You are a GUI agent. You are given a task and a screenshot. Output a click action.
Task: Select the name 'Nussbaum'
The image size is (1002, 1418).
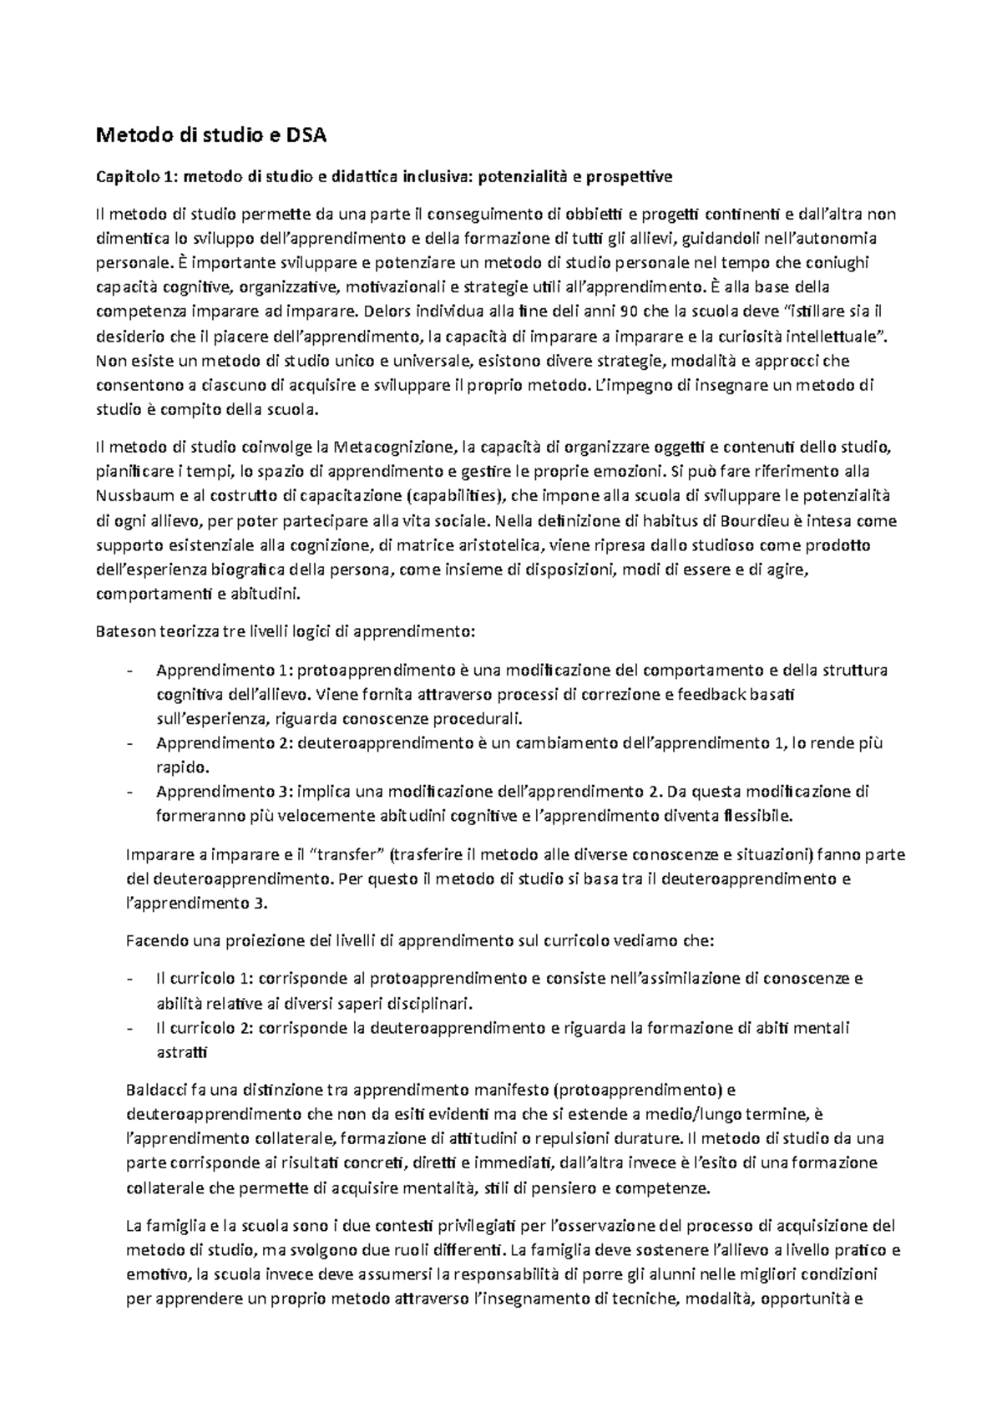(x=131, y=496)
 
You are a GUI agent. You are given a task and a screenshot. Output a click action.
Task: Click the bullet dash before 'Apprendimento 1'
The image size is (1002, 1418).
(x=128, y=671)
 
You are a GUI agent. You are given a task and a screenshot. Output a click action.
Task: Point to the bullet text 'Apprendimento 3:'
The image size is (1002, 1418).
(x=223, y=791)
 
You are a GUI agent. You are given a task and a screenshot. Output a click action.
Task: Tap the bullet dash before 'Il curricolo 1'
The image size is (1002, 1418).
(x=128, y=979)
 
